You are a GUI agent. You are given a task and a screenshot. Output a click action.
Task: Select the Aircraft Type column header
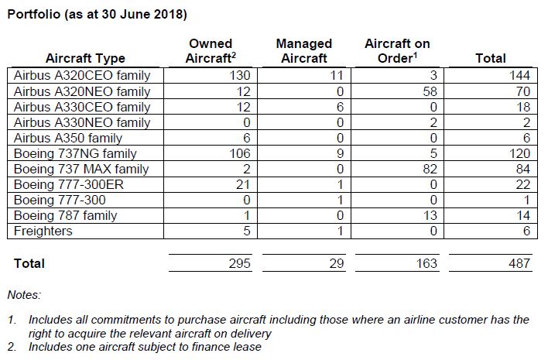pos(85,59)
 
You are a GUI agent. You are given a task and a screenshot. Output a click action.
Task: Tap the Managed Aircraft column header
pos(303,51)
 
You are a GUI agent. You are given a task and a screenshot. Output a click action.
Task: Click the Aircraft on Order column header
pos(397,51)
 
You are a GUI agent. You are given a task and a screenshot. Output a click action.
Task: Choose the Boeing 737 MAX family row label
pos(81,169)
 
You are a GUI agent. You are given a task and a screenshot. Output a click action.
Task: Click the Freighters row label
pos(43,231)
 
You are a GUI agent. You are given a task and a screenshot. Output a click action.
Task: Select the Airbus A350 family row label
pos(69,138)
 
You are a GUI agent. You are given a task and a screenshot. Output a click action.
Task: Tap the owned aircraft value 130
pos(241,76)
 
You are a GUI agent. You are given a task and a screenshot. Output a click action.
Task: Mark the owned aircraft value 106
pos(241,153)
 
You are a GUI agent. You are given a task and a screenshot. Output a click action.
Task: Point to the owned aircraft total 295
pos(241,264)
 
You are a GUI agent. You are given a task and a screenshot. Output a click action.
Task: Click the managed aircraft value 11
pos(337,76)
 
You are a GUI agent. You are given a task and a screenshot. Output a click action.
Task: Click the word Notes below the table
pos(25,295)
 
